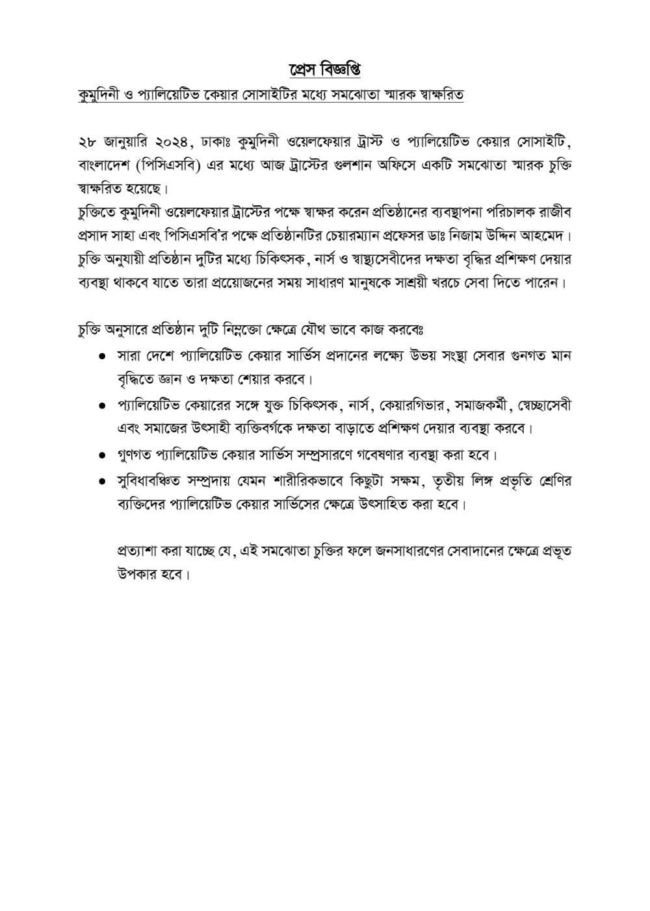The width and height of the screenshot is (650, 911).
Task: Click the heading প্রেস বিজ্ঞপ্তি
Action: pyautogui.click(x=324, y=69)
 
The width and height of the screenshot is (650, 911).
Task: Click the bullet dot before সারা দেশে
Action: pyautogui.click(x=102, y=357)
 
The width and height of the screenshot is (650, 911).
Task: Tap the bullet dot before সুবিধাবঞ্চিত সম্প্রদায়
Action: pyautogui.click(x=102, y=482)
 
